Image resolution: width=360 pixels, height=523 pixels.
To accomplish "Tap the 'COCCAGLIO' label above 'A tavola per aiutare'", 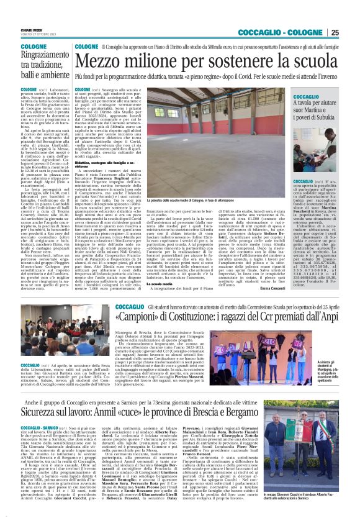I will point(306,98).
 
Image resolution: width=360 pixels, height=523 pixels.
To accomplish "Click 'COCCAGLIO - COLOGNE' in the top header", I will point(291,32).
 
